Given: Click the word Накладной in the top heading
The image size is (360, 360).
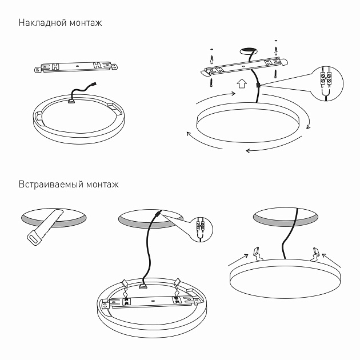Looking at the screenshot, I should tap(40, 23).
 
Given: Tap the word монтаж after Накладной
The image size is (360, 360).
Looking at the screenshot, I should tap(83, 23).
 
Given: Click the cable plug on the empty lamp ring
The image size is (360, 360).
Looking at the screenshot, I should tap(72, 102).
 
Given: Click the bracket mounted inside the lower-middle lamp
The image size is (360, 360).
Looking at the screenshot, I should tap(151, 301).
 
